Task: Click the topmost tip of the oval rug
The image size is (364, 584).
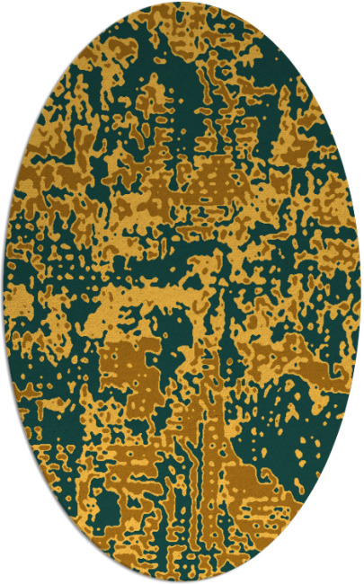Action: click(x=182, y=2)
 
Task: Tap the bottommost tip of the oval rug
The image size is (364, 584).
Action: click(x=182, y=582)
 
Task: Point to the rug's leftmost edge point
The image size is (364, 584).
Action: click(x=2, y=292)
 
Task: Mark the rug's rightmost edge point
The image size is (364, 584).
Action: click(x=361, y=292)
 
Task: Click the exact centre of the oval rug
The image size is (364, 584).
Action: click(x=182, y=292)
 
